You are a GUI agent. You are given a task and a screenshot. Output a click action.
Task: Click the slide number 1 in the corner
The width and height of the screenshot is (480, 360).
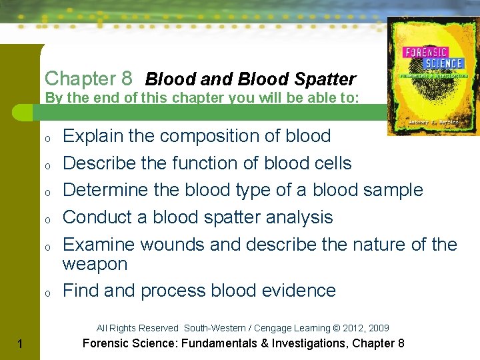coord(22,344)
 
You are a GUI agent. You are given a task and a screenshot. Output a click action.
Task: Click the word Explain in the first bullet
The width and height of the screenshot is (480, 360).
coord(93,136)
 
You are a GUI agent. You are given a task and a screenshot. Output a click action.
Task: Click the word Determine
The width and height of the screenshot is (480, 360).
coord(105,190)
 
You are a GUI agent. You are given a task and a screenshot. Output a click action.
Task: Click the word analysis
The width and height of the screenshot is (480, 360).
coord(299,217)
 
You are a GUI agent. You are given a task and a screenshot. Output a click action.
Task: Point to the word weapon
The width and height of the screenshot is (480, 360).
coord(95,264)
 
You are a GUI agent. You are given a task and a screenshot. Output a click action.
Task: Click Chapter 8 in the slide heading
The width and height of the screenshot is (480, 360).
coord(89,79)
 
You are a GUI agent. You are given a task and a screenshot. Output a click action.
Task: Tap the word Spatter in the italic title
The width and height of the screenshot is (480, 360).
coord(326,79)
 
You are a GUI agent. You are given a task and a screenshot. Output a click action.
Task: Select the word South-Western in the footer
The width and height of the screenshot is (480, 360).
coord(210,328)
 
